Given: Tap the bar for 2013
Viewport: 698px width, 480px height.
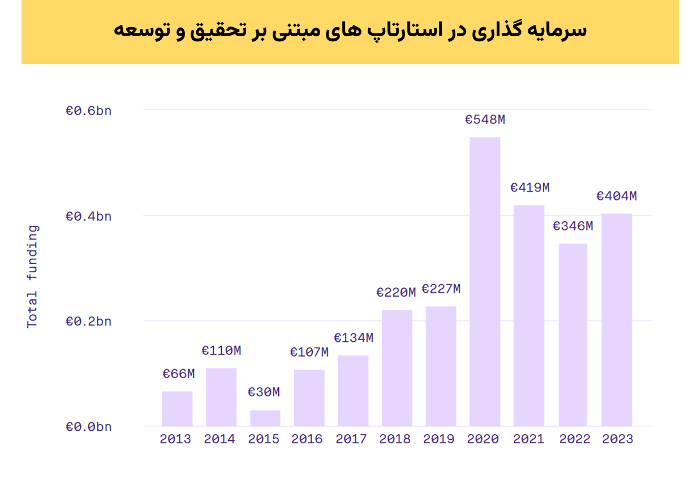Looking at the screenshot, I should point(177,408).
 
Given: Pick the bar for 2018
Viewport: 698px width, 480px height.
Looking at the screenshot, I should point(397,368).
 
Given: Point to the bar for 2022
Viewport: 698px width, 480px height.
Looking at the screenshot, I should point(572,335).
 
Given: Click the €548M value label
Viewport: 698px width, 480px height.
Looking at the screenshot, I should point(485,120).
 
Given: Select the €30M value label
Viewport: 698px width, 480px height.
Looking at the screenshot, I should point(264,392).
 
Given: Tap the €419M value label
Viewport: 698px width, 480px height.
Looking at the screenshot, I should point(529,187).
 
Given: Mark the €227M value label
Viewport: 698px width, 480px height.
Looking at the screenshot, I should point(441,289).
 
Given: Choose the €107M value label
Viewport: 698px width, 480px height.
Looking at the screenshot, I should point(309,352).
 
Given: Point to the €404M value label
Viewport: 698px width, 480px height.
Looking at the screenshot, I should point(617,196).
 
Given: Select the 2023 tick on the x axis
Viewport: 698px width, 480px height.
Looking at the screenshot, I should point(617,439).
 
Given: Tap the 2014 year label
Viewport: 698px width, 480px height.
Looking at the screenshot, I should point(219,439).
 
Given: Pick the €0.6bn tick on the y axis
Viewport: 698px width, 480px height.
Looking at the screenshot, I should point(89,110).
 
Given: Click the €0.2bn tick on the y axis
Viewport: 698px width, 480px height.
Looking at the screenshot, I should point(89,322).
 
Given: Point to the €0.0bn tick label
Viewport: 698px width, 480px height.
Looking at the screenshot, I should point(89,427).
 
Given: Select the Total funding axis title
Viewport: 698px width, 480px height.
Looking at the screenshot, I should point(33,276).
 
